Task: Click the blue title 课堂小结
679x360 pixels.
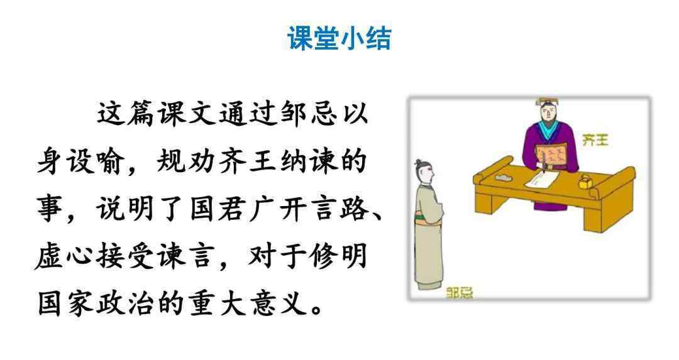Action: coord(339,38)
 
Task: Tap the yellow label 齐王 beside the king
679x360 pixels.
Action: coord(596,139)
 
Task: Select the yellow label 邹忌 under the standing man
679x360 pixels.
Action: coord(460,293)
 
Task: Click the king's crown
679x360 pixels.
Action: coord(548,102)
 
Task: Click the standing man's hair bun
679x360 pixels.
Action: coord(419,163)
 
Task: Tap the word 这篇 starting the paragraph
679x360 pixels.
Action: coord(126,114)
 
